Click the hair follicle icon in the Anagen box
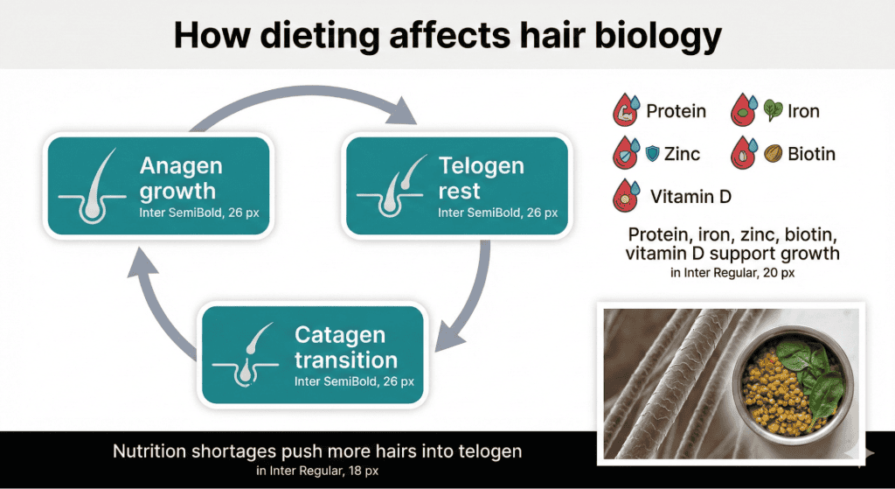[93, 187]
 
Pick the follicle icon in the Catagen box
[248, 357]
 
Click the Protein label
[676, 111]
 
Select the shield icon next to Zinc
[652, 155]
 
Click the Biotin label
[811, 154]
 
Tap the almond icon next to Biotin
[773, 154]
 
